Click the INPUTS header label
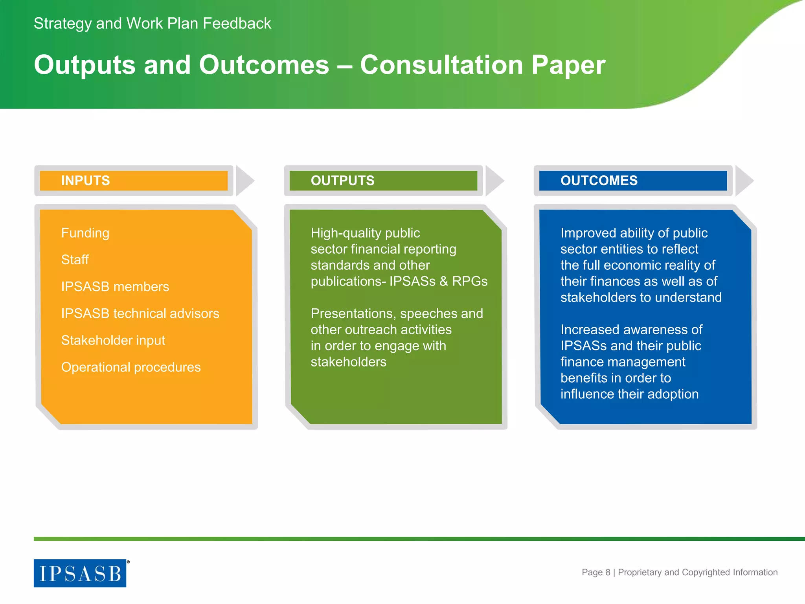(85, 180)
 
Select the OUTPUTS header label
(342, 180)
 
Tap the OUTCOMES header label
(599, 180)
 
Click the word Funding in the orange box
(85, 233)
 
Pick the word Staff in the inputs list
(75, 260)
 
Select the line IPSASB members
(115, 287)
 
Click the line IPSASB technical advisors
(140, 313)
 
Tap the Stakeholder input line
(113, 340)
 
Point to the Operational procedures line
(130, 367)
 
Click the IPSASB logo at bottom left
(80, 573)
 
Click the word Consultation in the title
(441, 65)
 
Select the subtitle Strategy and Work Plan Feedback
(152, 24)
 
